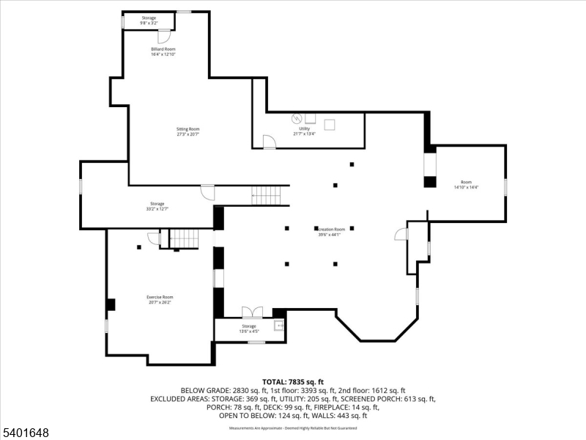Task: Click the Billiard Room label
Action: tap(163, 51)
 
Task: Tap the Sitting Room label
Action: tap(188, 131)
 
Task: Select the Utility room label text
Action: tap(304, 131)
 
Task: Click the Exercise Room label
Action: tap(160, 299)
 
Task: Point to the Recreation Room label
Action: tap(332, 232)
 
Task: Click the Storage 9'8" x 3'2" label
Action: tap(149, 21)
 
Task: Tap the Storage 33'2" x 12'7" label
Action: tap(157, 206)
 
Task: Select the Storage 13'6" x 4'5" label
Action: tap(249, 329)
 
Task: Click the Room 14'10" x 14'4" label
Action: tap(466, 185)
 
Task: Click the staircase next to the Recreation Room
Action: tap(266, 195)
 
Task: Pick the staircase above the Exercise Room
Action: tap(185, 239)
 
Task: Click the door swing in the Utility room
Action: tap(269, 142)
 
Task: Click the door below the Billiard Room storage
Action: tap(164, 36)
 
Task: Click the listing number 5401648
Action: tap(26, 433)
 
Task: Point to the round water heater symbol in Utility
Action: tap(297, 118)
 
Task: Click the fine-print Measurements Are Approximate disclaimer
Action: tap(293, 427)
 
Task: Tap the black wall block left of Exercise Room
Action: tap(111, 304)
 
